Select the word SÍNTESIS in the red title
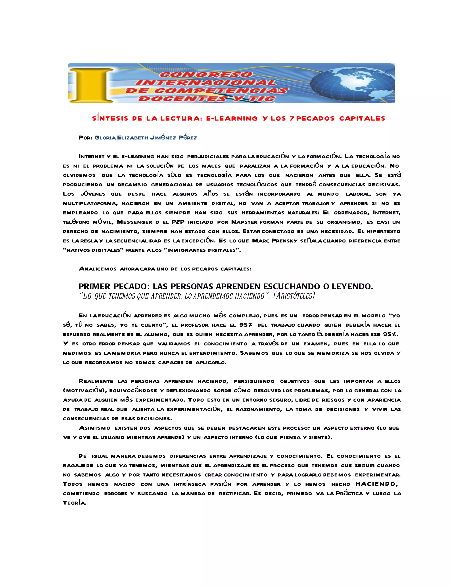(110, 119)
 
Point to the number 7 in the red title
(292, 119)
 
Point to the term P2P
(178, 222)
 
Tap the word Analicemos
(98, 269)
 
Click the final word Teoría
(75, 503)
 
